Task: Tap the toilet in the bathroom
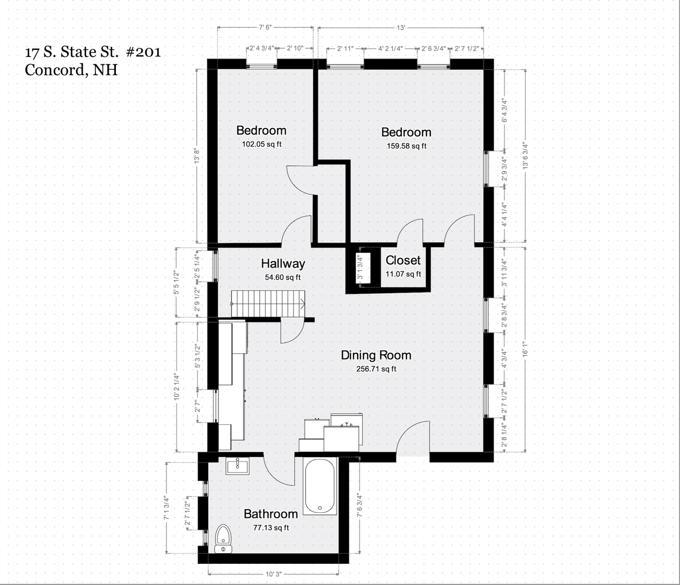pyautogui.click(x=223, y=540)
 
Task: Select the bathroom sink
pyautogui.click(x=237, y=466)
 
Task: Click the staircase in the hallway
pyautogui.click(x=268, y=303)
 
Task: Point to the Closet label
pyautogui.click(x=403, y=260)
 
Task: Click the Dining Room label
pyautogui.click(x=376, y=355)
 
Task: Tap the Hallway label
pyautogui.click(x=283, y=263)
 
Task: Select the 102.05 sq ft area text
pyautogui.click(x=262, y=144)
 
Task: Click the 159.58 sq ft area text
pyautogui.click(x=406, y=146)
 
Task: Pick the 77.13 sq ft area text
pyautogui.click(x=271, y=528)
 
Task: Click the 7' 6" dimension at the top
pyautogui.click(x=265, y=27)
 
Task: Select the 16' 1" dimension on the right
pyautogui.click(x=525, y=349)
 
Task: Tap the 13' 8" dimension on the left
pyautogui.click(x=197, y=155)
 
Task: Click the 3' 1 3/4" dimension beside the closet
pyautogui.click(x=360, y=266)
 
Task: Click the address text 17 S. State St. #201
pyautogui.click(x=93, y=52)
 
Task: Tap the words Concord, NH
pyautogui.click(x=71, y=70)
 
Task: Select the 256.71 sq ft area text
pyautogui.click(x=376, y=369)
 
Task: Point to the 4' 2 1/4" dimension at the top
pyautogui.click(x=391, y=49)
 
